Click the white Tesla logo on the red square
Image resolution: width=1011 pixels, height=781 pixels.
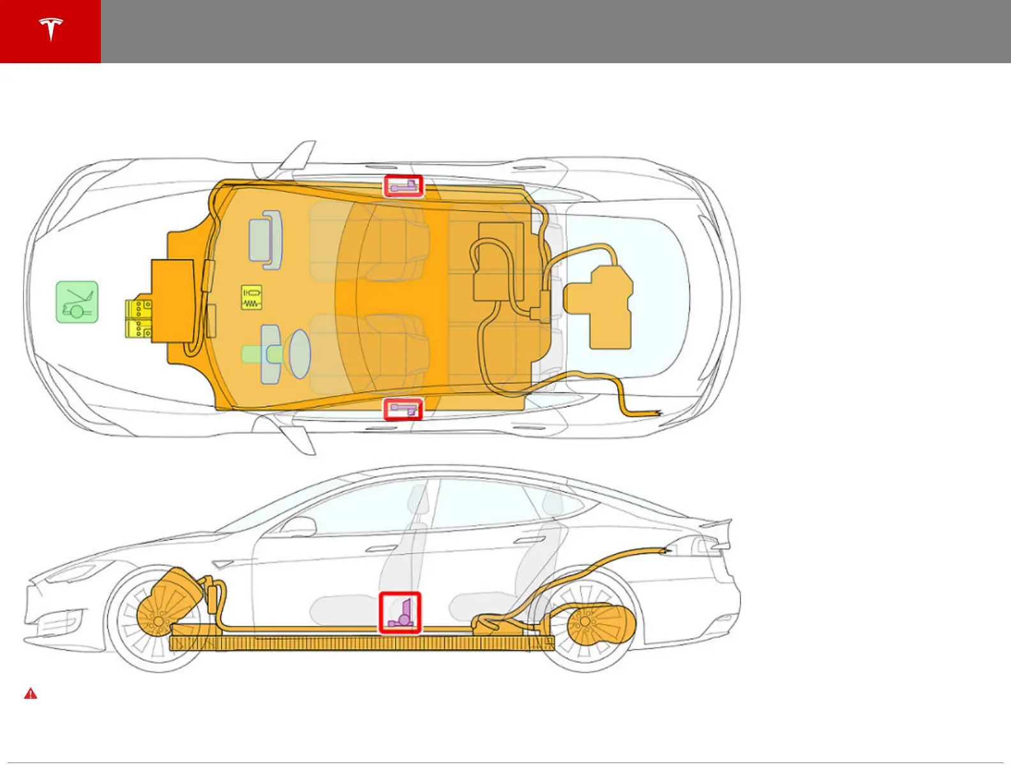50,30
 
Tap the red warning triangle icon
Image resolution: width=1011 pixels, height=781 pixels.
31,694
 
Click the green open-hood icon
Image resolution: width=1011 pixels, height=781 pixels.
77,302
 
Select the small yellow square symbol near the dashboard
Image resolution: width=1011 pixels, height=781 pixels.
251,297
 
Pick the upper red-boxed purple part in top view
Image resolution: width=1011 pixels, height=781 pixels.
403,186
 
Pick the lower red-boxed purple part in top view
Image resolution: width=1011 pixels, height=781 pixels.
403,409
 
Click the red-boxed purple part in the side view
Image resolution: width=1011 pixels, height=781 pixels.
400,613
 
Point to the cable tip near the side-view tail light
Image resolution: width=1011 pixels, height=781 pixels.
666,549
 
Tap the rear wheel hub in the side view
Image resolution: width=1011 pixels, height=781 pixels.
585,621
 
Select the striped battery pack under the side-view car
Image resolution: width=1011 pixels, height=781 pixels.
361,643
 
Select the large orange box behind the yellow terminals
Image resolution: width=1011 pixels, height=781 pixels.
172,301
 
